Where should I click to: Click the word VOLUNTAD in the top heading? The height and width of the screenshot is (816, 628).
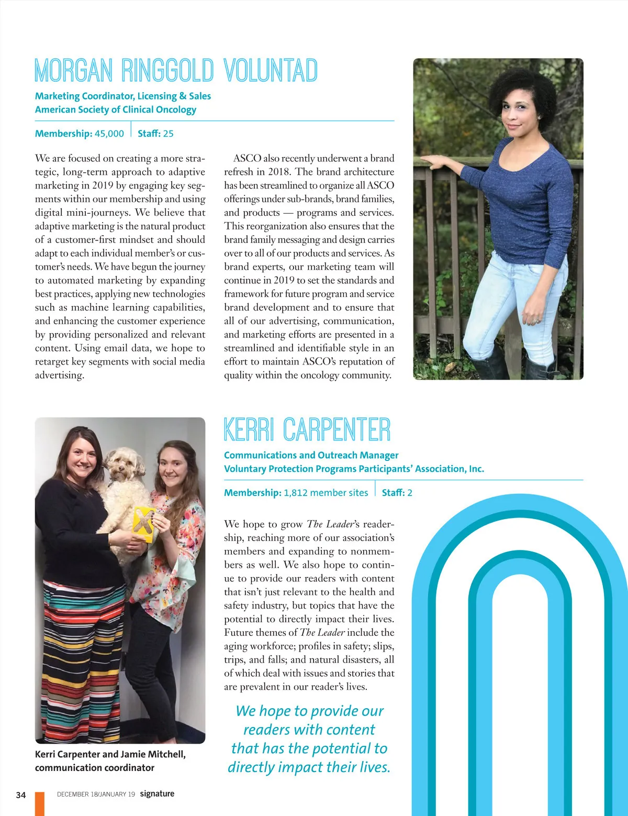[x=271, y=71]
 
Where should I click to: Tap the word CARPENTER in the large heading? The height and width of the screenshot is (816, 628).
[x=337, y=430]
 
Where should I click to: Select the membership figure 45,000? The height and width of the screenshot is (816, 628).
[x=109, y=134]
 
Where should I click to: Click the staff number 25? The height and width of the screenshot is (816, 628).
[x=168, y=134]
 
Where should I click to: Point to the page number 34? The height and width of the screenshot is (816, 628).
[x=21, y=795]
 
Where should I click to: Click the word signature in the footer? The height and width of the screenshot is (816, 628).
[x=157, y=793]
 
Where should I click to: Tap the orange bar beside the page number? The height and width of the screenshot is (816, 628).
[x=40, y=803]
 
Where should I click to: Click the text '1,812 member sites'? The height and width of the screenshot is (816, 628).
[x=326, y=493]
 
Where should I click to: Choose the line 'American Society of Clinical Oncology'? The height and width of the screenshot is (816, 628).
[x=116, y=109]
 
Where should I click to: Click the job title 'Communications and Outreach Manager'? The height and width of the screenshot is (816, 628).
[x=311, y=455]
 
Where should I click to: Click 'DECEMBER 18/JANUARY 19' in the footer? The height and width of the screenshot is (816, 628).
[x=96, y=794]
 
